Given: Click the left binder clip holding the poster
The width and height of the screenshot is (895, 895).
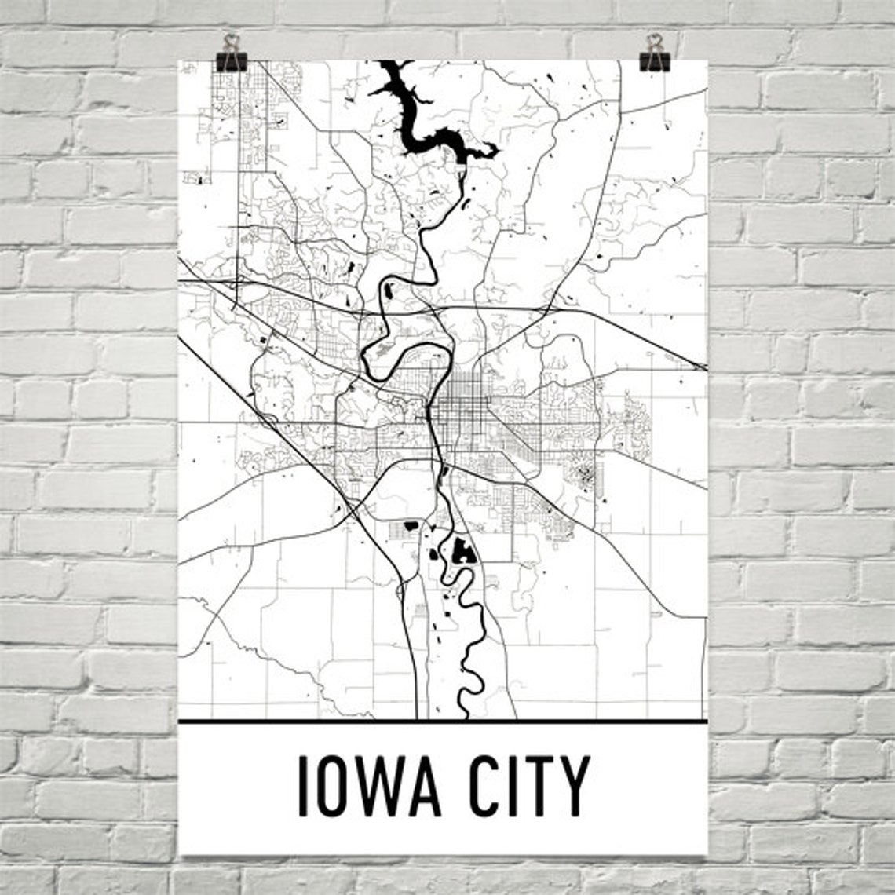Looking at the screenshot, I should [231, 54].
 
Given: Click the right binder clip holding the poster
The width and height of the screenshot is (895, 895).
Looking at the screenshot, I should [654, 54].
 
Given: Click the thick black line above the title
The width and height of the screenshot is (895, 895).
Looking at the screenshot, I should [443, 721].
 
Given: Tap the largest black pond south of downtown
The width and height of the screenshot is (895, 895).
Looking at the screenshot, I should [462, 552].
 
